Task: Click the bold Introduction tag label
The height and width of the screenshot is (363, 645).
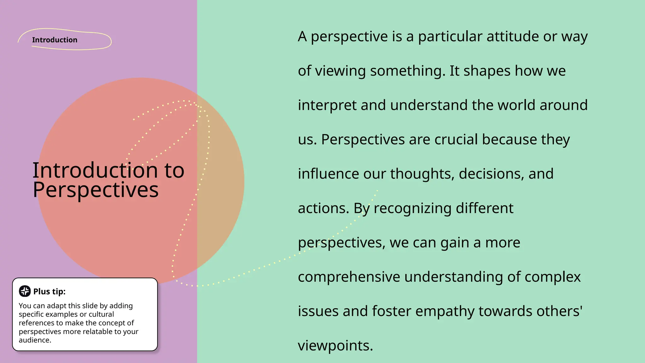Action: click(54, 40)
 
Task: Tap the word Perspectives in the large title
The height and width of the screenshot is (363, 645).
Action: click(95, 190)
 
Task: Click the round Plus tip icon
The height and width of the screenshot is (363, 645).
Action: click(25, 291)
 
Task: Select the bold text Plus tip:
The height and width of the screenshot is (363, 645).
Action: click(49, 291)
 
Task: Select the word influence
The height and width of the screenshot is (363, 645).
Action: click(328, 174)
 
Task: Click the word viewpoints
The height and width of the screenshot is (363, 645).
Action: click(335, 346)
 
